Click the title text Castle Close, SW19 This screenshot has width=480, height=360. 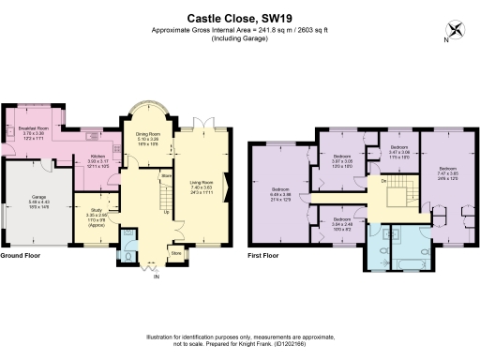239,17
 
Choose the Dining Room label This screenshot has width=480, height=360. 148,138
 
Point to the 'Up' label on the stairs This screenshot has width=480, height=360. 167,212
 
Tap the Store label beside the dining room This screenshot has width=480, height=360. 166,175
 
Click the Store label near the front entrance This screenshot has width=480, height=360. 175,252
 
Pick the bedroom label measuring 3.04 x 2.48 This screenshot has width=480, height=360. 340,223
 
